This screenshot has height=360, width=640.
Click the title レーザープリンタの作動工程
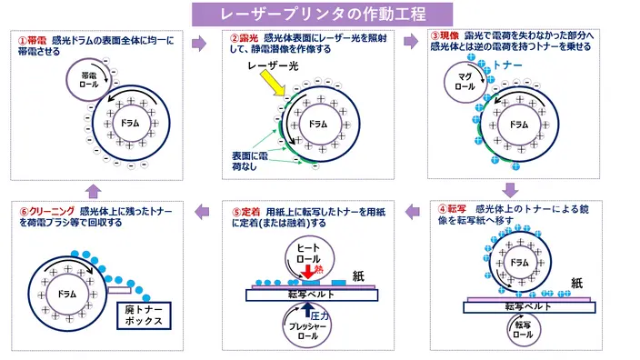point(323,15)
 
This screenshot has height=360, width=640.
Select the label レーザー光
point(273,65)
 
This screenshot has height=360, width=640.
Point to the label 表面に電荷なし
point(250,161)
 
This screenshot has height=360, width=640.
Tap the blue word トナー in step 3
point(507,65)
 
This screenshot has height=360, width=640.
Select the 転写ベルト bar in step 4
point(529,307)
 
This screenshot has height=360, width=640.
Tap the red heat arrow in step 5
point(308,272)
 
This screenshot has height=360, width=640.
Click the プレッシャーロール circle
point(307,326)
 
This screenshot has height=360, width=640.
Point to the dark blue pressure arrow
point(308,309)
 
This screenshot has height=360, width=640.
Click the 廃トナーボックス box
point(144,315)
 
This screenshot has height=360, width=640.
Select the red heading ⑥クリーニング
point(46,212)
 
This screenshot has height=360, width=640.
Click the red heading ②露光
point(244,38)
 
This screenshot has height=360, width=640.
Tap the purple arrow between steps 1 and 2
point(199,43)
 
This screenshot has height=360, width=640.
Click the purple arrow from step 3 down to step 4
point(510,190)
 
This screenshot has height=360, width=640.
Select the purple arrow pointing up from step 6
point(94,192)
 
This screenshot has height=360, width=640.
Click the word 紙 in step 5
point(358,276)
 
